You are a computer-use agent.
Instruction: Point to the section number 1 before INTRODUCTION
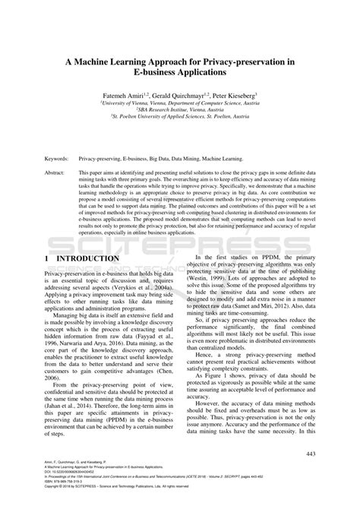[48, 259]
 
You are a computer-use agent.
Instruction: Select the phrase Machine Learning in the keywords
[221, 160]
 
